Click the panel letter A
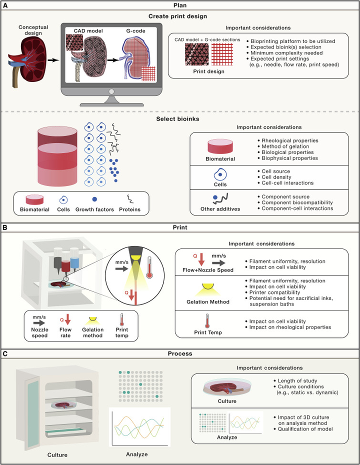(x=5, y=5)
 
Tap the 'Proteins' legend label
(x=133, y=209)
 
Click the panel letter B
(x=5, y=227)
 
